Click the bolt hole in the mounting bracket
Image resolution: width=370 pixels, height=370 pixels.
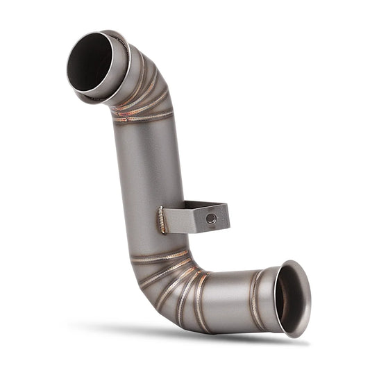point(211,218)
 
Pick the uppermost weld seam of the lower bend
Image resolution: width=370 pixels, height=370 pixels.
point(160,256)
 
